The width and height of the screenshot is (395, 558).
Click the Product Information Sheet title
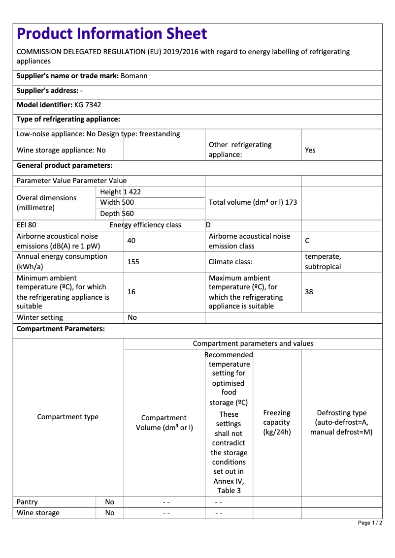point(112,33)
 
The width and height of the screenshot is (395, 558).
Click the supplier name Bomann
point(134,76)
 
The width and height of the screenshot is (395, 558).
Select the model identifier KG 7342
point(88,105)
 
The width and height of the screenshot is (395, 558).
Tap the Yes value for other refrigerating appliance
point(310,150)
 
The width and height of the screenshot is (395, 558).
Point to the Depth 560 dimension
point(117,214)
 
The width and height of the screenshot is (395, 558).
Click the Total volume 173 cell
point(253,202)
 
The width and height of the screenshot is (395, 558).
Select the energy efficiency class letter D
point(208,225)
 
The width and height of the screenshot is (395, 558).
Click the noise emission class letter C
point(307,241)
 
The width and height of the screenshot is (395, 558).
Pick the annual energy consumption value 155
point(133,262)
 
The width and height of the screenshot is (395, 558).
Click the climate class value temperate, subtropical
point(323,262)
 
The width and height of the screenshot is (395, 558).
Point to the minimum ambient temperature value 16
point(131,292)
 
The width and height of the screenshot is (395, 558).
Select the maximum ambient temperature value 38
point(309,292)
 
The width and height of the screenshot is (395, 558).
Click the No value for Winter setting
point(132,317)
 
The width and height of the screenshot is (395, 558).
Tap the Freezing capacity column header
point(277,422)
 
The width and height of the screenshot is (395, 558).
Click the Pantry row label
point(27,502)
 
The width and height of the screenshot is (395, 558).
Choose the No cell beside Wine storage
point(110,513)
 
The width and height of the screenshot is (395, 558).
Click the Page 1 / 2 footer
point(370,523)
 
